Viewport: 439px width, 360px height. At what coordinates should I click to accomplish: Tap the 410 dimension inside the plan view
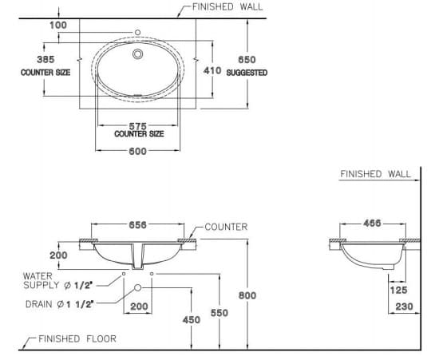coord(212,70)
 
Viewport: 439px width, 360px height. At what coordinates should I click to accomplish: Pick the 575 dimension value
coord(138,125)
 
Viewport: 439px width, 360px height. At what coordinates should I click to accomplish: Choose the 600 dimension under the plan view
coord(137,153)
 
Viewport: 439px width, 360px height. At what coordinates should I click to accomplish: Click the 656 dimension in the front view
coord(137,226)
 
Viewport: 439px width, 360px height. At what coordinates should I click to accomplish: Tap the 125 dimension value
coord(399,291)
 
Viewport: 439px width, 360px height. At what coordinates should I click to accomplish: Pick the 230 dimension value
coord(402,306)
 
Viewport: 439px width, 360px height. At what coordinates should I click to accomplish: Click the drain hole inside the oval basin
coord(140,55)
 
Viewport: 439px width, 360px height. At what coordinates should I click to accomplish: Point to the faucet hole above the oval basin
coord(138,33)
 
